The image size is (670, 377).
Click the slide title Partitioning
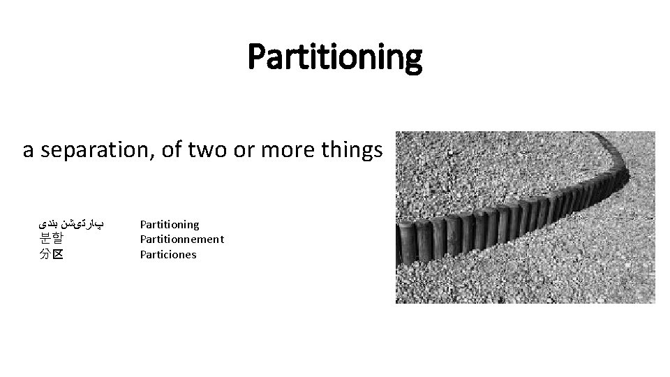pos(335,57)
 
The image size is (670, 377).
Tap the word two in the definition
pos(198,150)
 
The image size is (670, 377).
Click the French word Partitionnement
pos(181,239)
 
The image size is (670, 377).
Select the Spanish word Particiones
pos(168,255)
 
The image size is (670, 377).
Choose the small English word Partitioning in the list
pos(170,225)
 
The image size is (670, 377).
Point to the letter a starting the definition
pos(28,151)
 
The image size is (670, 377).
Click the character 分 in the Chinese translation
pos(45,255)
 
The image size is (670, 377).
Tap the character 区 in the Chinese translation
pos(57,255)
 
